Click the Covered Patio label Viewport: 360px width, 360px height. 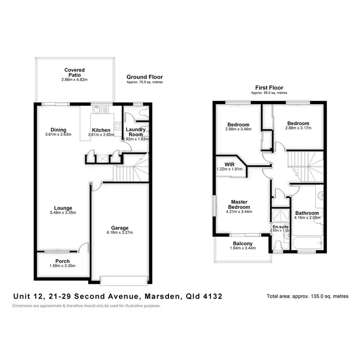pyautogui.click(x=74, y=72)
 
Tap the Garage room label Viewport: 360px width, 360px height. pyautogui.click(x=119, y=228)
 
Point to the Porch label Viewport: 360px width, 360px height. pyautogui.click(x=62, y=261)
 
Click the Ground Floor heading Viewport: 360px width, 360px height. pyautogui.click(x=144, y=77)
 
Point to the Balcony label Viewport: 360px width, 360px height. pyautogui.click(x=242, y=243)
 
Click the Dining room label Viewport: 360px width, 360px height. pyautogui.click(x=59, y=130)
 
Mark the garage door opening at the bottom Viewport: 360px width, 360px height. pyautogui.click(x=124, y=279)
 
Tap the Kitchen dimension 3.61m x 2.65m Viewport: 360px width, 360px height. pyautogui.click(x=101, y=135)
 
